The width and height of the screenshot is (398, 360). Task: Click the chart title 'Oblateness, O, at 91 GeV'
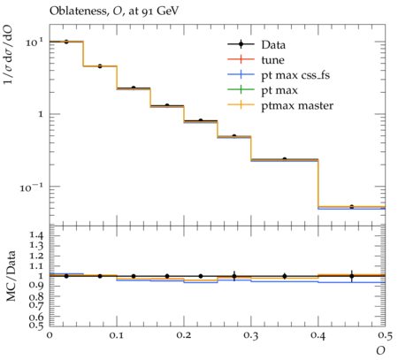[x=114, y=11]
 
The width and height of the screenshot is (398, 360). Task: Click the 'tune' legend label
[x=272, y=60]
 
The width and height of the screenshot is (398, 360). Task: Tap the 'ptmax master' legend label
[x=297, y=105]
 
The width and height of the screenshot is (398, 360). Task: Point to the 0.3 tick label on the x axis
[x=251, y=335]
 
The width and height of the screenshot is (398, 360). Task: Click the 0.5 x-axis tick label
[x=386, y=335]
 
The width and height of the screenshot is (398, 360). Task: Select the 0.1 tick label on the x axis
[x=117, y=335]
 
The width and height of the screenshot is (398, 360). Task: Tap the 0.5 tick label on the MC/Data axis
[x=35, y=326]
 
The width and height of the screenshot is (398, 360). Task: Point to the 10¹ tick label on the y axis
[x=34, y=42]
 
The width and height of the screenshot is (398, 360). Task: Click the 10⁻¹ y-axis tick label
[x=32, y=187]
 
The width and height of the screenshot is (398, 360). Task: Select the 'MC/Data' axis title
[x=11, y=276]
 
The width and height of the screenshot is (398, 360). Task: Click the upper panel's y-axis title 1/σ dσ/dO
[x=8, y=55]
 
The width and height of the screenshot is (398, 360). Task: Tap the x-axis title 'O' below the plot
[x=380, y=350]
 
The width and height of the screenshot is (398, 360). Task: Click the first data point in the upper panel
[x=66, y=42]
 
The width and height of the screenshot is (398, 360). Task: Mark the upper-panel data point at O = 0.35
[x=285, y=159]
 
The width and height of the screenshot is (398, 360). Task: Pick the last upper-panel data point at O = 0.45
[x=351, y=207]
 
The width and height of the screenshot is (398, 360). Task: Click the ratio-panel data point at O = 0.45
[x=351, y=276]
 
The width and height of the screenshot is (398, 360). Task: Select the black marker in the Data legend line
[x=241, y=44]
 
